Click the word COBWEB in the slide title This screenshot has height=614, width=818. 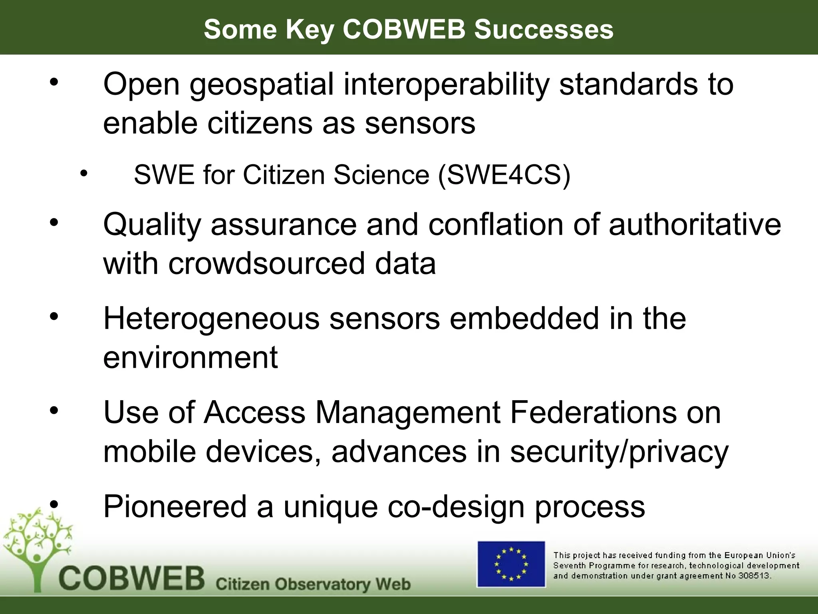pos(404,29)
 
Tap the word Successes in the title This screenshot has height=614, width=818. pos(544,29)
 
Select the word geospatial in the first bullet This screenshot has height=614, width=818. pos(262,85)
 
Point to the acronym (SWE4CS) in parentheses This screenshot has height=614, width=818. pos(504,175)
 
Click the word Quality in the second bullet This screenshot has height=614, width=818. pos(152,225)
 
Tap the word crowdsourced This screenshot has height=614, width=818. pos(266,263)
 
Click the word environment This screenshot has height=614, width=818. pos(191,357)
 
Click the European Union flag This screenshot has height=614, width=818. pos(511,564)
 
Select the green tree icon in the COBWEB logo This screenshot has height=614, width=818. pos(37,546)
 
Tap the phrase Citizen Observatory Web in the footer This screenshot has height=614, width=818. pos(313,584)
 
